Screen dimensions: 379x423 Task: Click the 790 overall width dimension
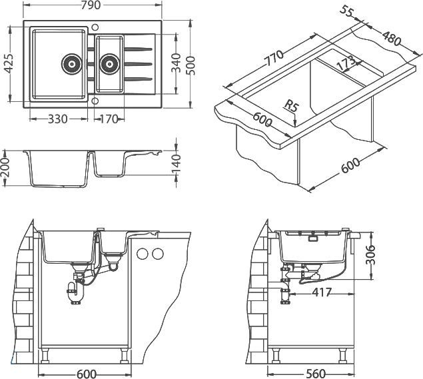(x=93, y=7)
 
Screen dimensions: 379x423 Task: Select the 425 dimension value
(x=7, y=65)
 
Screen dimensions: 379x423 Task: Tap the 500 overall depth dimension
(x=192, y=65)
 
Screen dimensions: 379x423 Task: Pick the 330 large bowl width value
(x=59, y=120)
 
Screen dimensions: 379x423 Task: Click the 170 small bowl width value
(x=108, y=120)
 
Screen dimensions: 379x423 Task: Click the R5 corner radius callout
(x=290, y=105)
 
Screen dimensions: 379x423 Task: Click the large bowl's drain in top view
(x=71, y=64)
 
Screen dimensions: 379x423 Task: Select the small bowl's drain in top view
(x=108, y=64)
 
